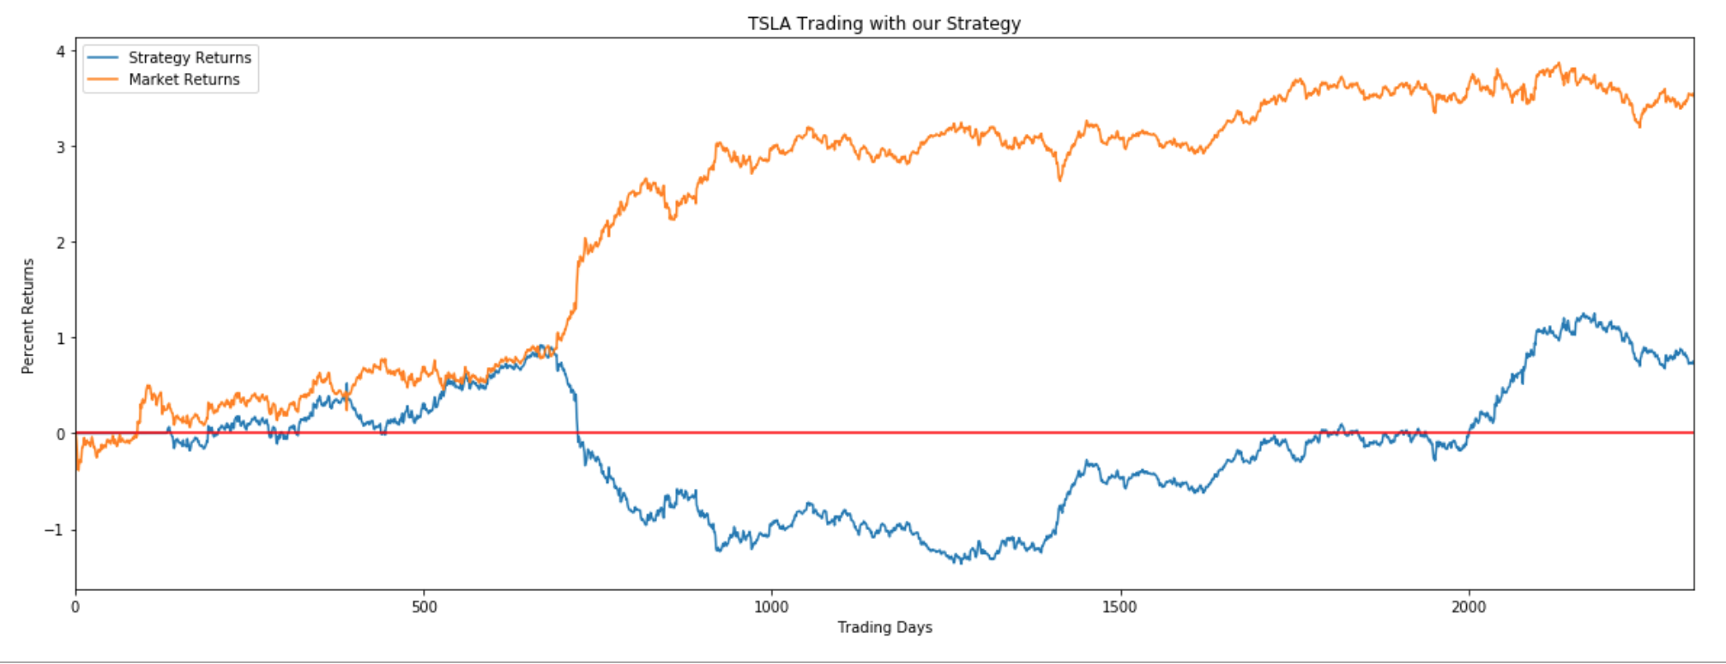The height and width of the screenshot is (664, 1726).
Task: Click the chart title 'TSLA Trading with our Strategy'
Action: point(884,23)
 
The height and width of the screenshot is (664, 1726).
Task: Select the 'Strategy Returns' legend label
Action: point(190,57)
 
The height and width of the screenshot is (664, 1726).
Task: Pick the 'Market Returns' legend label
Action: point(184,80)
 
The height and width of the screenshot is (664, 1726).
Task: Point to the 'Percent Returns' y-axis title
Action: point(28,316)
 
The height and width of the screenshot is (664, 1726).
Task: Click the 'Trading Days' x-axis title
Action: point(884,627)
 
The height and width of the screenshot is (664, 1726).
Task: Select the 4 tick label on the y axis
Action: point(60,51)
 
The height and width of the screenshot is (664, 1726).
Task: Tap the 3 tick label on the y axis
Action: point(60,147)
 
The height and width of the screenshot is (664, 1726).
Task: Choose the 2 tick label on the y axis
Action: point(60,243)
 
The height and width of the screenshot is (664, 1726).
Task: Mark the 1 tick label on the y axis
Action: point(60,338)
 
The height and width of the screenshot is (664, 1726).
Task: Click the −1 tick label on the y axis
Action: point(55,530)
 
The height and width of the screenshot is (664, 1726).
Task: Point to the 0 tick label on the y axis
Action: point(60,434)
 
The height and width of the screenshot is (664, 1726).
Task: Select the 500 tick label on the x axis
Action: point(424,607)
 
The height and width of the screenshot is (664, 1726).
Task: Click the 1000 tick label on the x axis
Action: point(771,607)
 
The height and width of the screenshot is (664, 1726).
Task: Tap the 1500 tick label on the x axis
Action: point(1119,607)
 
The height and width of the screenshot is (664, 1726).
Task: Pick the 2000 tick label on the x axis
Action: point(1468,607)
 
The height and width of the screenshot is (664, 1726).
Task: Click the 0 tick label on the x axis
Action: point(75,607)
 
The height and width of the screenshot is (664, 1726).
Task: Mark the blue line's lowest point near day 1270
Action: point(960,563)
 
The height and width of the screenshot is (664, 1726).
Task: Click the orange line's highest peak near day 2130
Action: point(1560,63)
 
